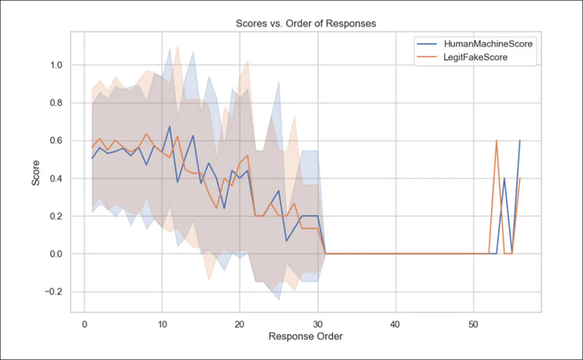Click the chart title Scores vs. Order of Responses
(x=306, y=24)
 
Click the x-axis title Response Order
(x=306, y=336)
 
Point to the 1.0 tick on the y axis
(x=55, y=65)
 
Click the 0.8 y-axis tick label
(x=55, y=103)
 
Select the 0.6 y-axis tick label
(x=55, y=141)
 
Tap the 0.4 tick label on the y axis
(x=55, y=179)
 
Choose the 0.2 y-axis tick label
(x=55, y=217)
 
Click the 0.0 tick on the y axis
(x=55, y=254)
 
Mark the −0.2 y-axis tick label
(x=52, y=292)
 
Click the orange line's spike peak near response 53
(x=496, y=140)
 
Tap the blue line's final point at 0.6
(x=520, y=140)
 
